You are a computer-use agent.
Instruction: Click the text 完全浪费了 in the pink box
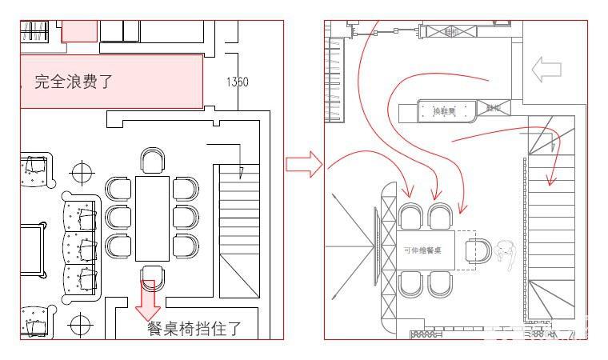click(73, 81)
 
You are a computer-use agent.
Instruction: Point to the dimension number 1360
click(237, 82)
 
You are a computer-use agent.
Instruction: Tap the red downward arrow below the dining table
click(149, 301)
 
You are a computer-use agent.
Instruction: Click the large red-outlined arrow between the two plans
click(303, 166)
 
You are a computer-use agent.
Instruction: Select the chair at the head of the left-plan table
click(152, 160)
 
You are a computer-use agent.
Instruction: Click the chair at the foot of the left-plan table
click(152, 276)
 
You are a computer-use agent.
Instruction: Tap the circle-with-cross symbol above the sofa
click(81, 172)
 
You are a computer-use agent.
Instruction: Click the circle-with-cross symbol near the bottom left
click(79, 324)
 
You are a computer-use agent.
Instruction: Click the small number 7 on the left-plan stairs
click(241, 172)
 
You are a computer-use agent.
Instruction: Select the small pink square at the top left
click(79, 31)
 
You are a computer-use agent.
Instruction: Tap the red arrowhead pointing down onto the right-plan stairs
click(550, 181)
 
